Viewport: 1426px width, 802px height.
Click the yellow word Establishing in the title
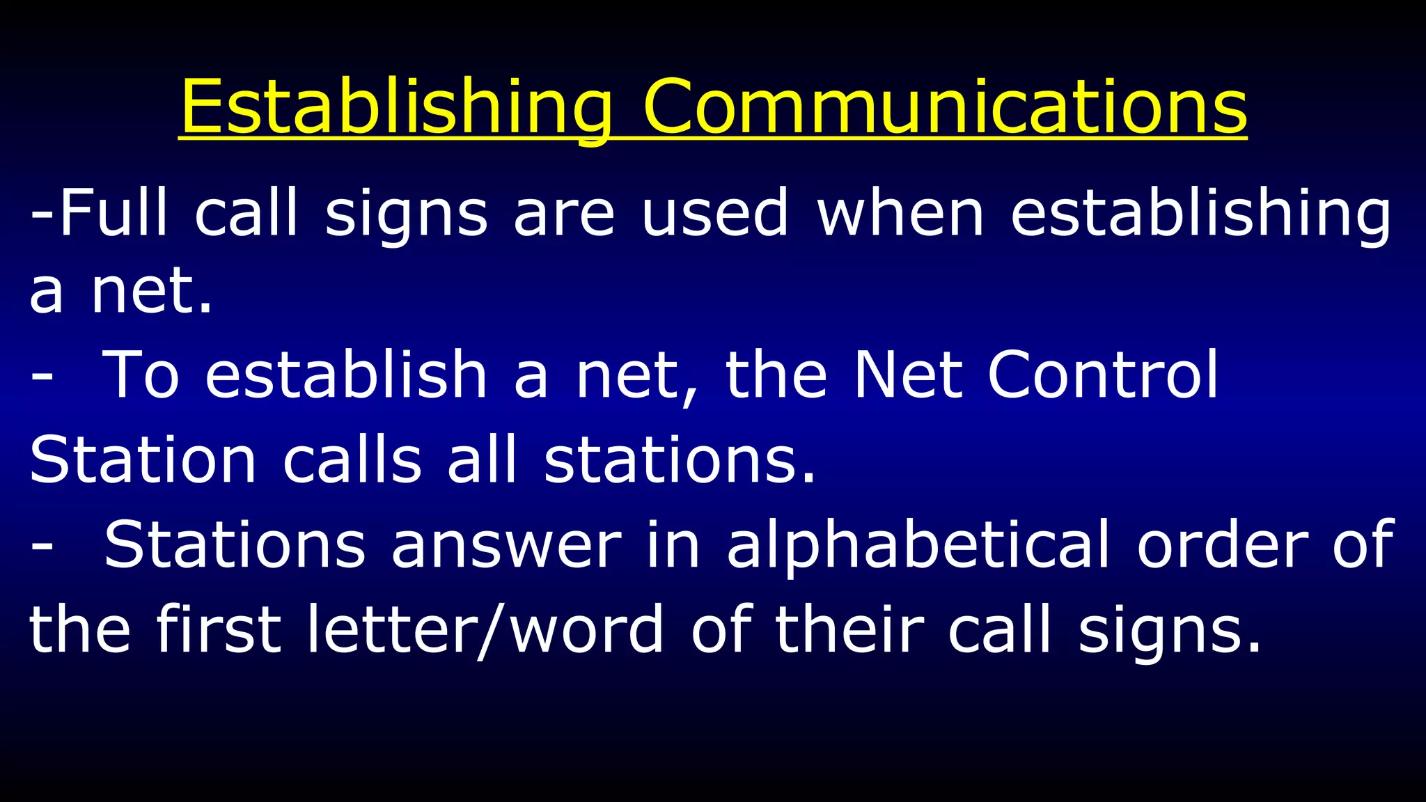(x=395, y=108)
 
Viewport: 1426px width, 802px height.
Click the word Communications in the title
(x=945, y=108)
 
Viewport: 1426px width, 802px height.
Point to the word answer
(x=506, y=546)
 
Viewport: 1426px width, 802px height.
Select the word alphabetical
(x=918, y=546)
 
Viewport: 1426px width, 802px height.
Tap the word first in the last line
(x=219, y=629)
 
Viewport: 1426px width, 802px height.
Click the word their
(x=849, y=629)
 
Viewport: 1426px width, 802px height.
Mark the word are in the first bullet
(x=564, y=214)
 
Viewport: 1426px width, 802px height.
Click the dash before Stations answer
(x=42, y=547)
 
